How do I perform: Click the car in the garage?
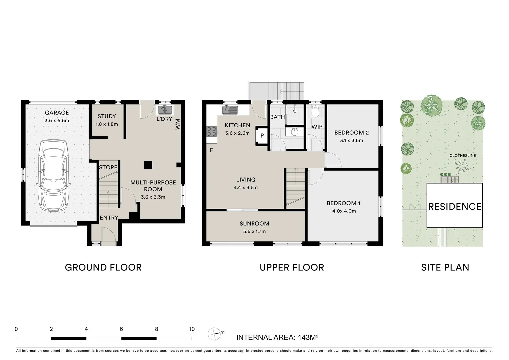[54, 176]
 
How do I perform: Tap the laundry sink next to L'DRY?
[165, 110]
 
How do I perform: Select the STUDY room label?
[107, 116]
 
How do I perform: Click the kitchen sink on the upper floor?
[230, 110]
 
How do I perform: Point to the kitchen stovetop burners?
[212, 132]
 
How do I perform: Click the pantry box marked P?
[262, 136]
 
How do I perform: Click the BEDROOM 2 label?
[351, 132]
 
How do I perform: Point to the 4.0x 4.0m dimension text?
[344, 211]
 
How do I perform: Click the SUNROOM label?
[254, 224]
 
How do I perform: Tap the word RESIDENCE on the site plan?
[455, 206]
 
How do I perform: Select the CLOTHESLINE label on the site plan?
[463, 156]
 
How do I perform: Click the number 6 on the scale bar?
[121, 329]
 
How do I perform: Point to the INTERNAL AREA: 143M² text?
[277, 337]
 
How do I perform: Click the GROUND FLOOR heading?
[103, 267]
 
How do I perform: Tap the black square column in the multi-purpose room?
[148, 165]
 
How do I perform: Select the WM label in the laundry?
[178, 124]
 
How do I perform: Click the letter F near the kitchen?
[211, 150]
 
